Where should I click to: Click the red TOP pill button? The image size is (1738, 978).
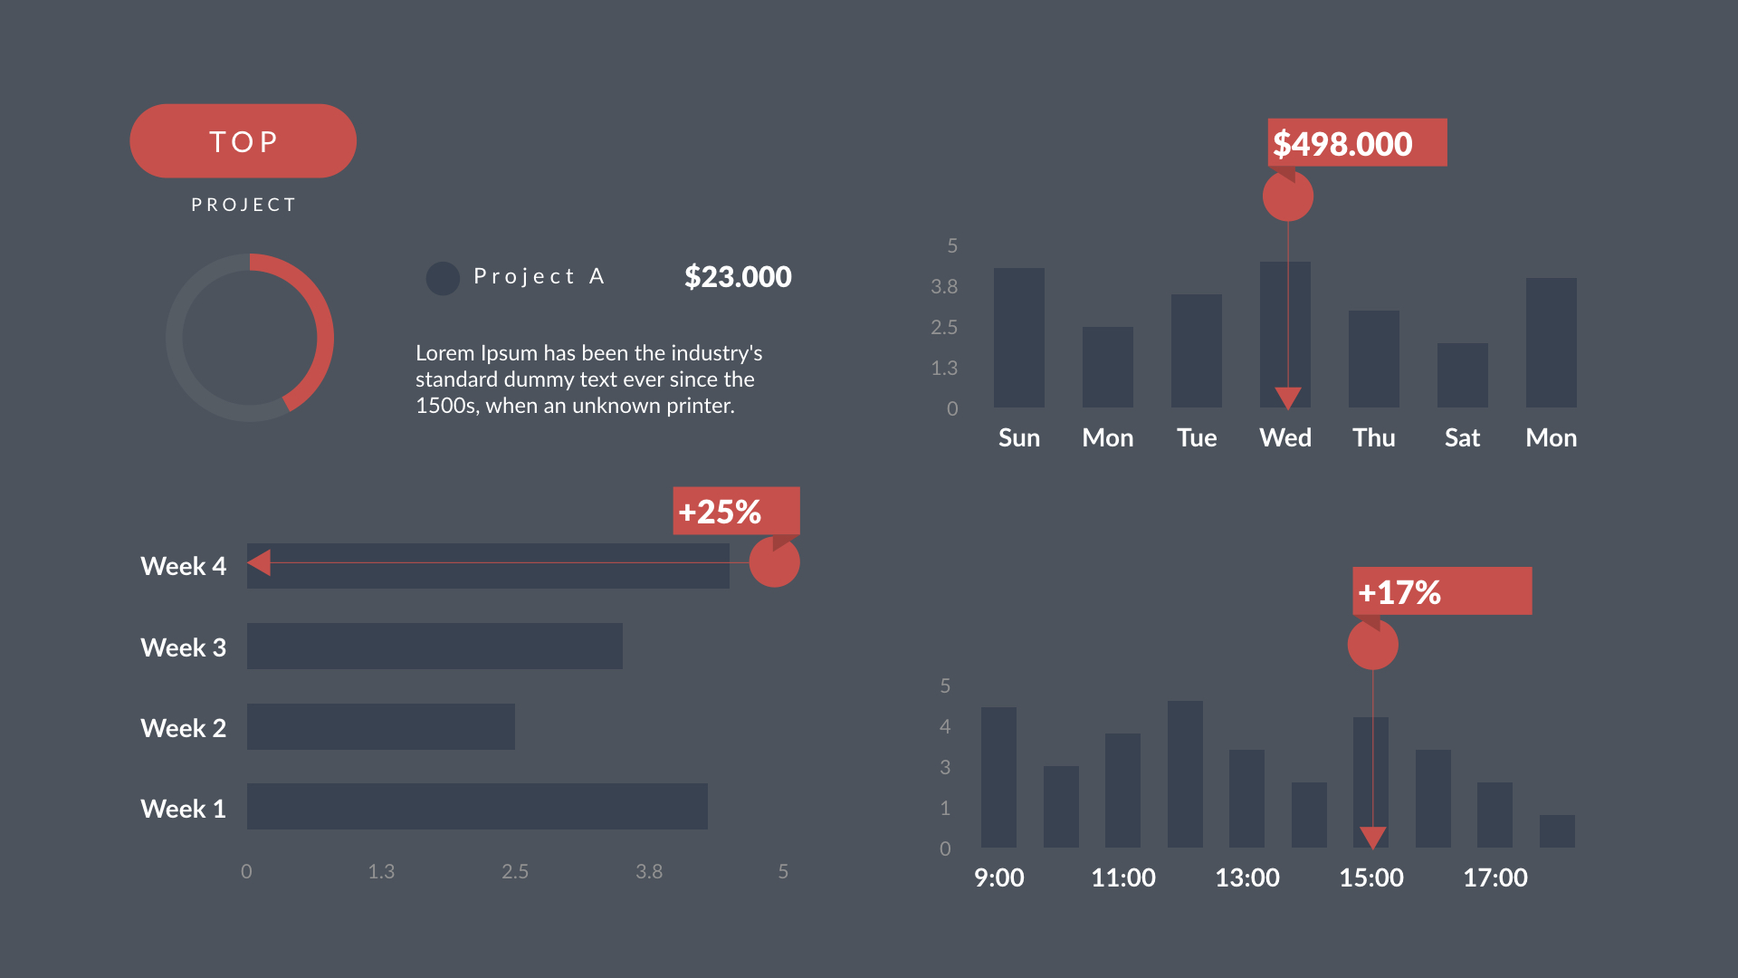click(x=243, y=141)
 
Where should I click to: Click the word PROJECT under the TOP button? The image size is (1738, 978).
click(x=243, y=205)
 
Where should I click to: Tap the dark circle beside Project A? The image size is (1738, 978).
click(x=443, y=278)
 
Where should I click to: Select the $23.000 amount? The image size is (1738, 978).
click(x=737, y=277)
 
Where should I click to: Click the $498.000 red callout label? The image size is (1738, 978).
click(x=1356, y=143)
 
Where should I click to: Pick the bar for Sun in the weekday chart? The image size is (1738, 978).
click(x=1018, y=338)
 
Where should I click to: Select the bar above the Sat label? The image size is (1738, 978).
click(x=1462, y=375)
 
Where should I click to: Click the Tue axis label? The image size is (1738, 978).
click(x=1196, y=438)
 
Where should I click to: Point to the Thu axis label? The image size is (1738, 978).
click(x=1373, y=438)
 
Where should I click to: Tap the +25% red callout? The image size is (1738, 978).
click(x=735, y=512)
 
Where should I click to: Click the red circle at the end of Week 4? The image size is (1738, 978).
click(x=774, y=562)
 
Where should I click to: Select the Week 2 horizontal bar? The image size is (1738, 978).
click(x=380, y=726)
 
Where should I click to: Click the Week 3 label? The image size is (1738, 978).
click(x=183, y=647)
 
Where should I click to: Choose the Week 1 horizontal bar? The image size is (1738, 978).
click(x=477, y=806)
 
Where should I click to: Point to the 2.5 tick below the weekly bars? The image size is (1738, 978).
click(x=514, y=871)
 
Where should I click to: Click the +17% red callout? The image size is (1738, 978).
click(x=1441, y=591)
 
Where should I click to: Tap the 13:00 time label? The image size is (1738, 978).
click(x=1246, y=877)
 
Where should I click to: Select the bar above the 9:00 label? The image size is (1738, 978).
click(x=998, y=777)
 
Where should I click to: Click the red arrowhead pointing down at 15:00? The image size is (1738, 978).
click(x=1372, y=837)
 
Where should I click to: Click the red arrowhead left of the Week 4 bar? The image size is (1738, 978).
click(x=260, y=562)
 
